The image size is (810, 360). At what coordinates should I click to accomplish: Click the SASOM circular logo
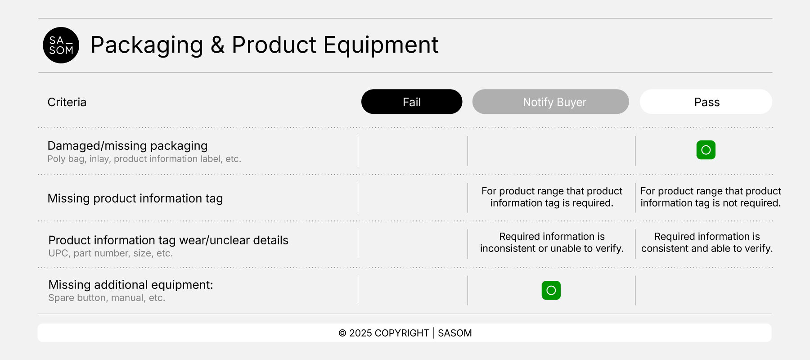[x=61, y=45]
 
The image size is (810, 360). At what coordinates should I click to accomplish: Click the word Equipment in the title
[x=381, y=45]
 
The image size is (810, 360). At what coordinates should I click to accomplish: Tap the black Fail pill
[x=411, y=102]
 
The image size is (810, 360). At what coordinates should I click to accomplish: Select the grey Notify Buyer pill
[x=550, y=102]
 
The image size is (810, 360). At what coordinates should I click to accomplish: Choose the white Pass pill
[x=706, y=102]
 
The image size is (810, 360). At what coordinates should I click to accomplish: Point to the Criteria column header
[x=67, y=102]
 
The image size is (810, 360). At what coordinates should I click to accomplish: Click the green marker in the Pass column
[x=706, y=150]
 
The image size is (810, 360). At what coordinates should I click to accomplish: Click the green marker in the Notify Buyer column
[x=551, y=290]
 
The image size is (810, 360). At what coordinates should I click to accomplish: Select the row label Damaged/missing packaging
[x=127, y=146]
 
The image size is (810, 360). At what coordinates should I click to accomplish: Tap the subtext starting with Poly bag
[x=144, y=159]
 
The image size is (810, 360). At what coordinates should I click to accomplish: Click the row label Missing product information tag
[x=135, y=198]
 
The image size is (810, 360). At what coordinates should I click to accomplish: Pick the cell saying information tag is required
[x=552, y=197]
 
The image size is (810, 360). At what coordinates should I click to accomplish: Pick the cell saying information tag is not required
[x=711, y=197]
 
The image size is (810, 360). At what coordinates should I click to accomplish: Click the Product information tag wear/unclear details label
[x=168, y=240]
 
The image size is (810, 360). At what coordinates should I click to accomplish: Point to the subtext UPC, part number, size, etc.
[x=110, y=253]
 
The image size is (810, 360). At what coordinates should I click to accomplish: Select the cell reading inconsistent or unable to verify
[x=552, y=243]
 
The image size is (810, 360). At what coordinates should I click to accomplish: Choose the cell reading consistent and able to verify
[x=707, y=243]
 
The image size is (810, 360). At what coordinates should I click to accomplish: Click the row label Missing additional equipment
[x=130, y=285]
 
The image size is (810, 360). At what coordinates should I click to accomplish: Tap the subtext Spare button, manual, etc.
[x=107, y=298]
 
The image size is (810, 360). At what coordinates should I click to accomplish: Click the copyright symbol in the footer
[x=342, y=333]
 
